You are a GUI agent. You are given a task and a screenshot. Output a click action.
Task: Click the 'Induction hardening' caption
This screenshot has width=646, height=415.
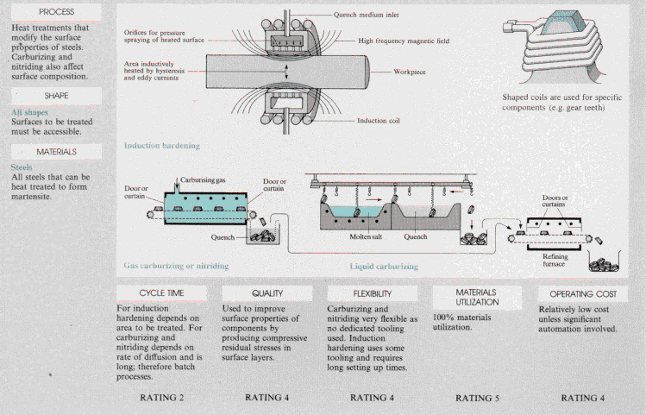(161, 147)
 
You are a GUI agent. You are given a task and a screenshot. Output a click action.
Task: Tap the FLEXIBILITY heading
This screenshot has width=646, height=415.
(373, 293)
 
